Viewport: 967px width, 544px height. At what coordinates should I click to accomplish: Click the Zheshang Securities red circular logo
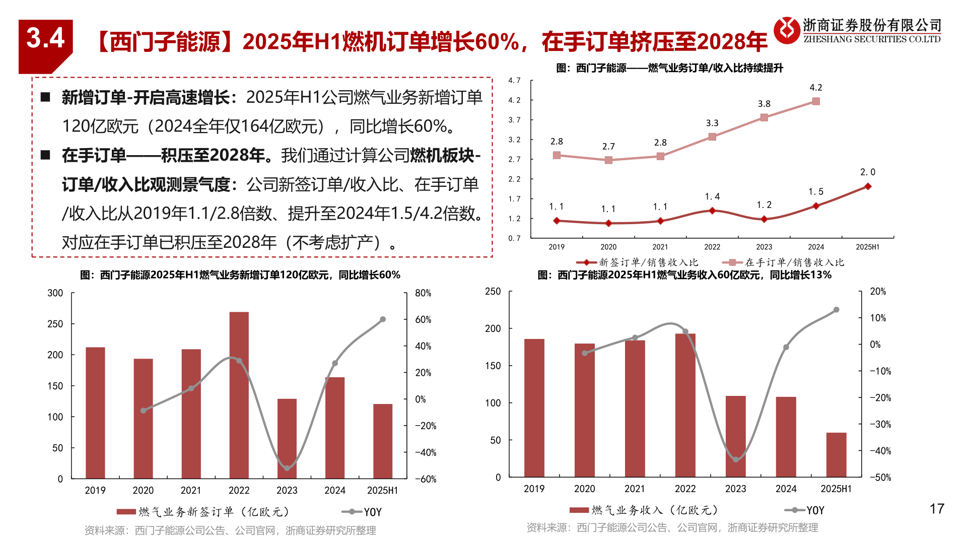786,30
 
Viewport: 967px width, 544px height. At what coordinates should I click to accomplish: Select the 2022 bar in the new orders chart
239,395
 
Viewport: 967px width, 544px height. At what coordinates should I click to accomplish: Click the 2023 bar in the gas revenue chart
735,436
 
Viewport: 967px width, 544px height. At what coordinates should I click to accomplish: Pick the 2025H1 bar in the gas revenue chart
836,454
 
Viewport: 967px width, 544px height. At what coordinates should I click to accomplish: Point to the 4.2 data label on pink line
815,88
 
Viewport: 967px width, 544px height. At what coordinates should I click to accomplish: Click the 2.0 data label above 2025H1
867,172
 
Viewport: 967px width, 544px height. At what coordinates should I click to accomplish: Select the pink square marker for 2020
608,160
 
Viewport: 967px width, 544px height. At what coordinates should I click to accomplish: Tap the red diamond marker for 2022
712,211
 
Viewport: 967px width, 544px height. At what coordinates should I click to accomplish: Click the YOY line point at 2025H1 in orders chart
383,319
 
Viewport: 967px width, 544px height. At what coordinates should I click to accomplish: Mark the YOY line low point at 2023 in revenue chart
735,459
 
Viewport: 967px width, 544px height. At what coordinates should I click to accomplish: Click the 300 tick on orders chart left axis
55,293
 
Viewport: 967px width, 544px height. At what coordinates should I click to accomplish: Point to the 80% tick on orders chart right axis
423,293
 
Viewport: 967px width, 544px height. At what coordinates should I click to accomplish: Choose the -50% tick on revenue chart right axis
880,478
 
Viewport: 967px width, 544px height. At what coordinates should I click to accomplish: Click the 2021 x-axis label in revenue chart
635,489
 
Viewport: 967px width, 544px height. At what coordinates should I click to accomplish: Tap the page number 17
936,509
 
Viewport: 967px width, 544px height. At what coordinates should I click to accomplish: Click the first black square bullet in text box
45,97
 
